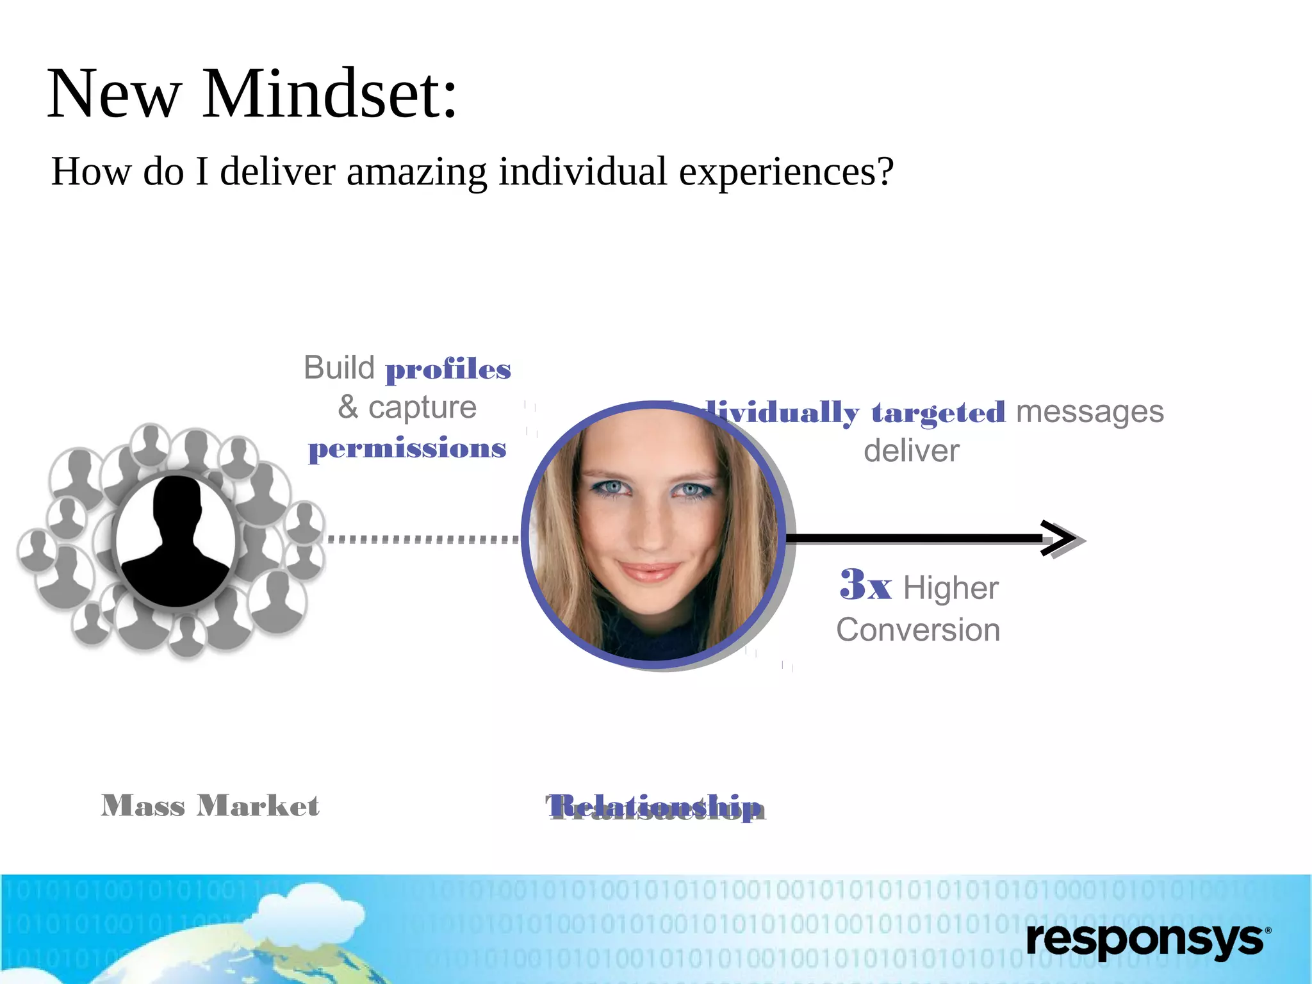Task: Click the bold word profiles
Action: (448, 370)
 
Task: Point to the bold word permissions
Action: (407, 448)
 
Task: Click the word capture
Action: (422, 407)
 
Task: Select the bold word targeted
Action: (938, 413)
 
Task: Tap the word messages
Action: (1090, 411)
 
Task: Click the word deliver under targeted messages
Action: (912, 451)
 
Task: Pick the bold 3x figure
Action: (865, 585)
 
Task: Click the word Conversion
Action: (918, 630)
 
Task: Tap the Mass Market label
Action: (210, 806)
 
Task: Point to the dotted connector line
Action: (423, 539)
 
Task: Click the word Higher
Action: (951, 588)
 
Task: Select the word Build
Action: (339, 368)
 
